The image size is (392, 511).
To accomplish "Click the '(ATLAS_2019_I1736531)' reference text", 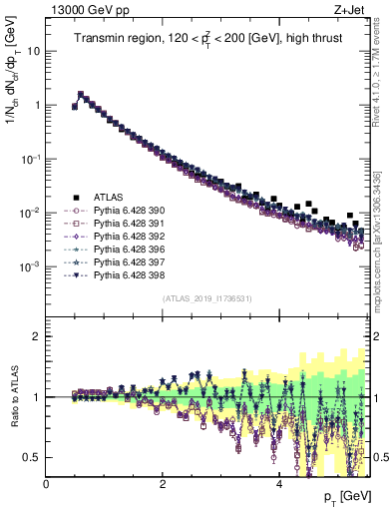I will point(206,298).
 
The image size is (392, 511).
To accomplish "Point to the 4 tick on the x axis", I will point(279,484).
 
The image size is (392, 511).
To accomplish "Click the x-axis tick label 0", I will point(47,484).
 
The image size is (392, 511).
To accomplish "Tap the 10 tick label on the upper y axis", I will point(34,51).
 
